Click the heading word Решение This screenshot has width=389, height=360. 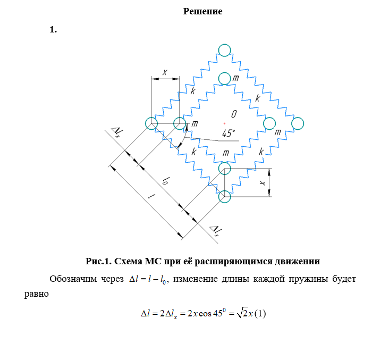point(202,11)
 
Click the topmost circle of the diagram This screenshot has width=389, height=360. point(224,51)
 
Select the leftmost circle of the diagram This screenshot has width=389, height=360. point(151,123)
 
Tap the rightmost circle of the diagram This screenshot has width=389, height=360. point(298,123)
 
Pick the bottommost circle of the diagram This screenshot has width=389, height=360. point(225,196)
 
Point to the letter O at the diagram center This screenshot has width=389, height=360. point(234,114)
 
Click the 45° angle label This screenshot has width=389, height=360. point(229,133)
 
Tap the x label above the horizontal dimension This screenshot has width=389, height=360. point(165,71)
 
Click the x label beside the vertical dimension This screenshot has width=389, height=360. point(262,182)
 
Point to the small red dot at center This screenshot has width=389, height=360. point(225,123)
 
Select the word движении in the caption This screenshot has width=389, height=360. point(295,261)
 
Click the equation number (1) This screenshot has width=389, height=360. point(260,313)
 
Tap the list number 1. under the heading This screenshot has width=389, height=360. point(53,30)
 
